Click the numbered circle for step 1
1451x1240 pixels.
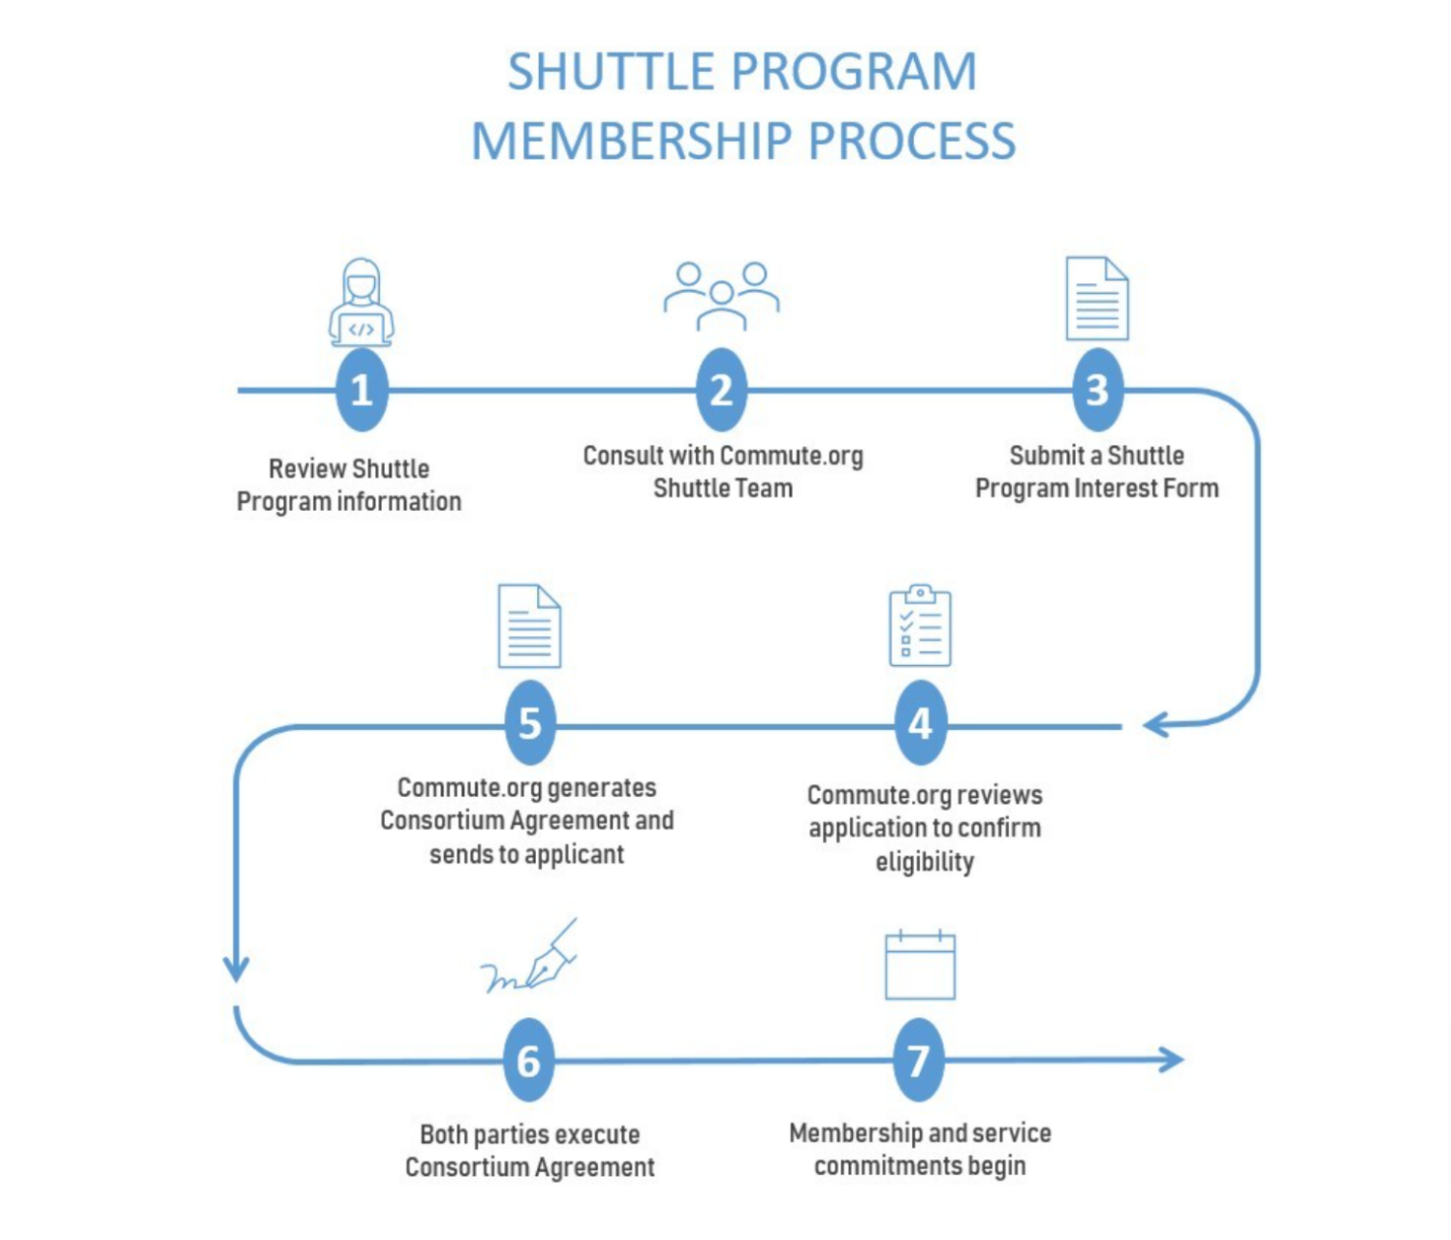[x=361, y=390]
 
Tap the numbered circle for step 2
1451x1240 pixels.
[x=722, y=390]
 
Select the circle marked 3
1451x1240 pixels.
[x=1098, y=390]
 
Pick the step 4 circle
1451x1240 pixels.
[x=920, y=724]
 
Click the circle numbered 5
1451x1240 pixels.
[x=530, y=724]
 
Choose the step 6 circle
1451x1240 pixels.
[x=529, y=1060]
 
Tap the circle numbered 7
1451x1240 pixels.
[x=919, y=1060]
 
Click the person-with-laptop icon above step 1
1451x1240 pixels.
[x=361, y=302]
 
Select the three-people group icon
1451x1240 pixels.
[x=722, y=295]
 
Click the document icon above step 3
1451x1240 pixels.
[x=1098, y=298]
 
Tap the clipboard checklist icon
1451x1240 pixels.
[x=920, y=625]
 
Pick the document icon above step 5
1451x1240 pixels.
[x=530, y=626]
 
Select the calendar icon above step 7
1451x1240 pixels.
[x=920, y=965]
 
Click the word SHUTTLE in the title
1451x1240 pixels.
[x=610, y=72]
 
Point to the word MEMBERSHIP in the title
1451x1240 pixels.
[x=632, y=141]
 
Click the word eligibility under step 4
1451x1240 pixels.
[x=925, y=861]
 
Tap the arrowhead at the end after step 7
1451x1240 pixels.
[x=1173, y=1059]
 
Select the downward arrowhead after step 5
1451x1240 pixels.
[x=236, y=969]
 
